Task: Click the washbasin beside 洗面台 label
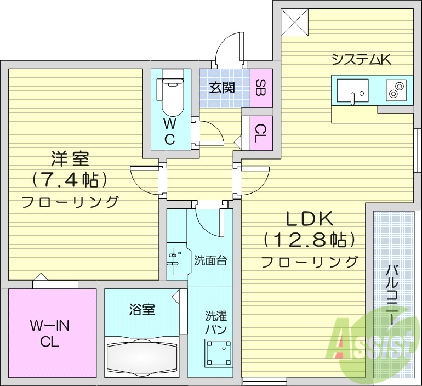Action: pos(179,262)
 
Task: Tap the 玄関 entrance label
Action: pos(222,87)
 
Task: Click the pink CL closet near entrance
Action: pos(261,132)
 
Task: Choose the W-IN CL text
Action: pos(49,334)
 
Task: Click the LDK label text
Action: pos(309,219)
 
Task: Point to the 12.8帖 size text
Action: pos(309,240)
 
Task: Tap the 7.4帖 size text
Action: pos(69,179)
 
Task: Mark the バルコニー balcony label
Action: pos(392,296)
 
